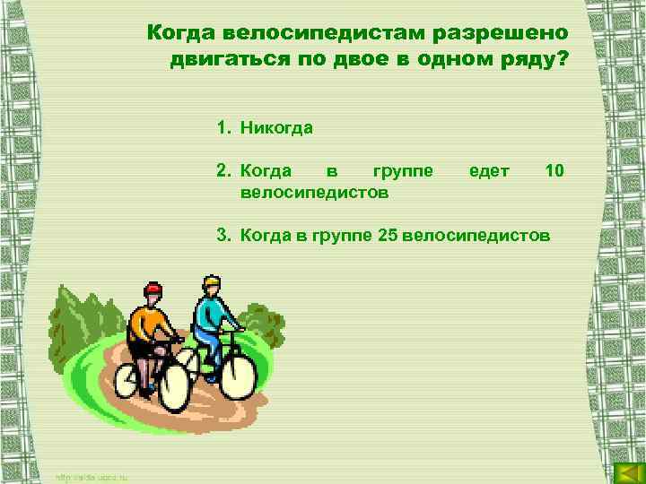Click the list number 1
click(221, 127)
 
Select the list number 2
click(221, 170)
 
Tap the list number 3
click(221, 235)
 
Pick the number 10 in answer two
click(554, 170)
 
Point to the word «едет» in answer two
click(489, 170)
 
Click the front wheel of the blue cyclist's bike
click(238, 374)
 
